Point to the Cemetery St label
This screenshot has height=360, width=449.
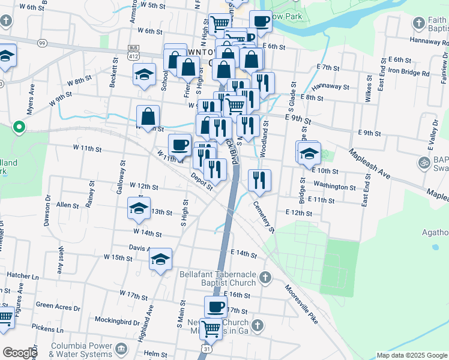coord(264,216)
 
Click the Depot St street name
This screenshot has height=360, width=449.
coord(202,181)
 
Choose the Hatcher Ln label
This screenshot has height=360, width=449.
coord(23,276)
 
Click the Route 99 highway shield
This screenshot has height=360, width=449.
coord(41,43)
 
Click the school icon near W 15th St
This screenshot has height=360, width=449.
coord(160,259)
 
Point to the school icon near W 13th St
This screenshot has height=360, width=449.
coord(139,209)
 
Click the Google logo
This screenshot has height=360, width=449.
coord(19,353)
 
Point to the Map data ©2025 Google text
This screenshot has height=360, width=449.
coord(411,355)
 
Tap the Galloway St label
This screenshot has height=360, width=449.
coord(122,171)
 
